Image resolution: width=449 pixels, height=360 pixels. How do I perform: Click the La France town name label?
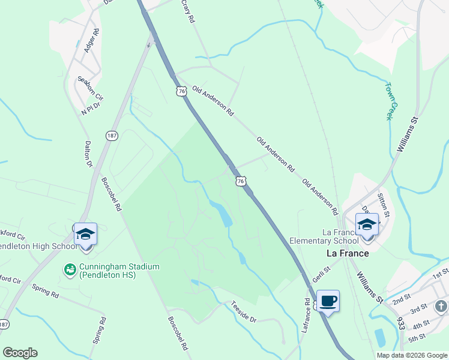347,253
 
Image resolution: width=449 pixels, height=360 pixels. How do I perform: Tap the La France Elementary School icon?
367,225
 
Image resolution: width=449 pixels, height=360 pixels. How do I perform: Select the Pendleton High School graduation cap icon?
85,233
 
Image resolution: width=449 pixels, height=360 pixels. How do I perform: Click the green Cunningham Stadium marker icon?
70,271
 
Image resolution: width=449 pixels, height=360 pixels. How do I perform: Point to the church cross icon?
441,307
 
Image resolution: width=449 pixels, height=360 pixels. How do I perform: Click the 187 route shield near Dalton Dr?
112,136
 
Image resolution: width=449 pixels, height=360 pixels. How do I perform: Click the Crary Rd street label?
188,11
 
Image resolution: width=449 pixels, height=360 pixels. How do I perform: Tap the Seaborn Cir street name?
91,88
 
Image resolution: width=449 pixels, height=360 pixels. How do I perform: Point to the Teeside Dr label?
244,312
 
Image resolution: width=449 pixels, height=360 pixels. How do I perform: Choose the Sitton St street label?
384,205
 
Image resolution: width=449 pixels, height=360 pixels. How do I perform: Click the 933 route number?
400,323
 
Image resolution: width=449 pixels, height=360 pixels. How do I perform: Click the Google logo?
20,353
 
